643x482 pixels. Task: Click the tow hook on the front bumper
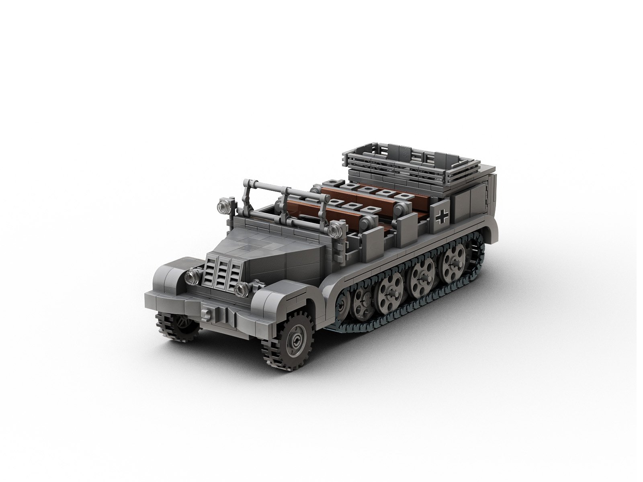tap(208, 313)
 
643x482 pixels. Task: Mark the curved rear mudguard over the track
tap(492, 225)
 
